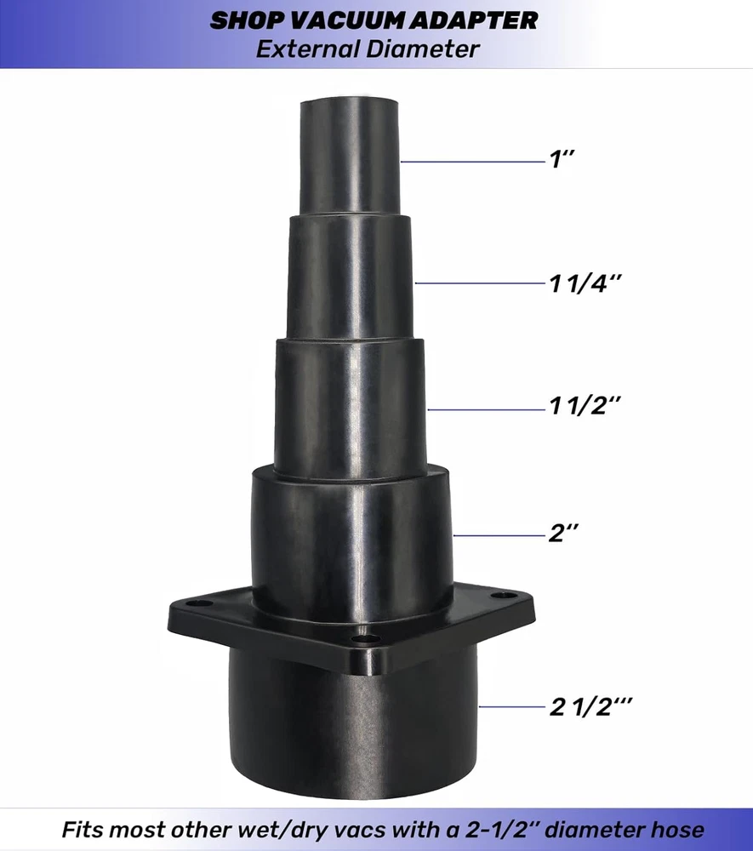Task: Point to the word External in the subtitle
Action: coord(308,49)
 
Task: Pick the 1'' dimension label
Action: coord(562,159)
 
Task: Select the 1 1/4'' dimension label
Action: coord(585,283)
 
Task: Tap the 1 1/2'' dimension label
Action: coord(585,405)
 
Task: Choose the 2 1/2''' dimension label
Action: coord(590,706)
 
